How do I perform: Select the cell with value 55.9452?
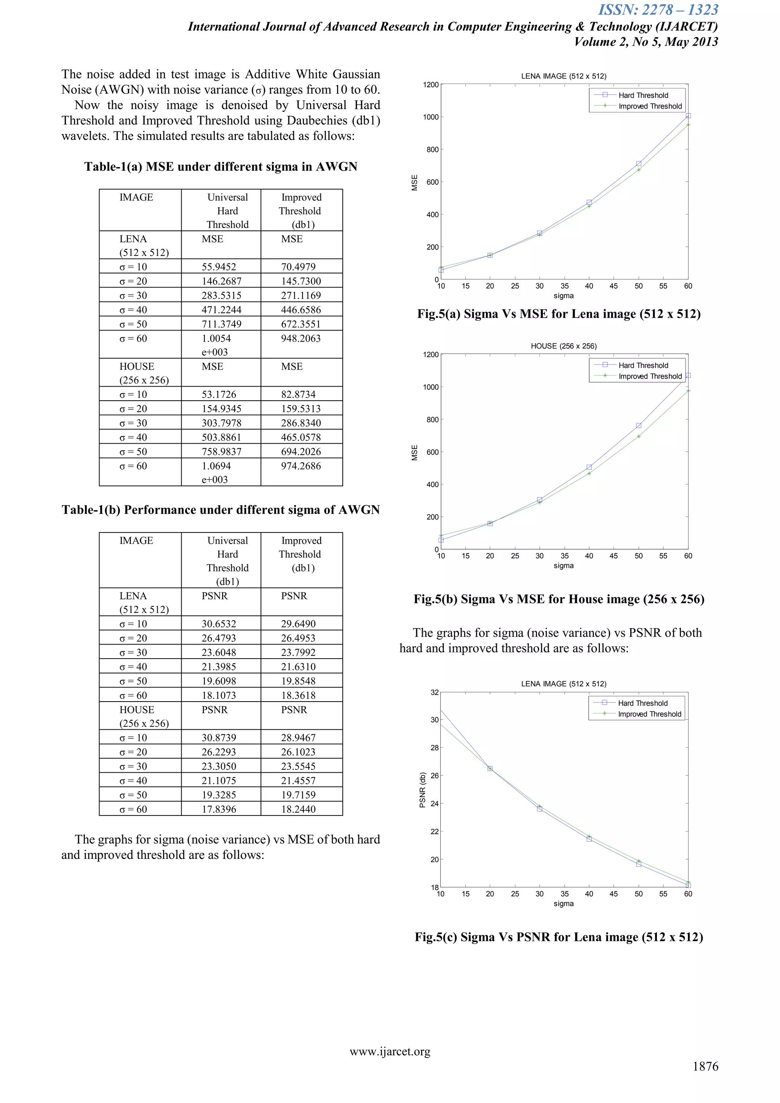coord(219,267)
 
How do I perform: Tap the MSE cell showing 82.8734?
coord(298,395)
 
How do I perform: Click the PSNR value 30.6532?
coord(219,623)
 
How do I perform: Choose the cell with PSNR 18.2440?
coord(298,809)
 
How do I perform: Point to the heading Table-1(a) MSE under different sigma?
coord(221,167)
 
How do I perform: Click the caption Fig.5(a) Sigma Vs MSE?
coord(559,314)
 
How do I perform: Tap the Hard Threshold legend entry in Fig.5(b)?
coord(643,366)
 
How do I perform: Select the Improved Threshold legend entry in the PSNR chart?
coord(649,714)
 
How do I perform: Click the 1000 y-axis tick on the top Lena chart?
coord(430,117)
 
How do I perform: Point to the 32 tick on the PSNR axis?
coord(434,692)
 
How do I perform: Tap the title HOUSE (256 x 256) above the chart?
coord(563,346)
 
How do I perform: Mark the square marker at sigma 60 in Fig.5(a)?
coord(688,116)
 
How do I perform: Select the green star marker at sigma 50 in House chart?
coord(638,436)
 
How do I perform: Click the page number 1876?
coord(705,1066)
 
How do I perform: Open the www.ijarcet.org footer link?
coord(390,1052)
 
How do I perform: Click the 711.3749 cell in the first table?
coord(221,324)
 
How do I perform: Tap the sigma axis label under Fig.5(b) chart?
coord(563,566)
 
